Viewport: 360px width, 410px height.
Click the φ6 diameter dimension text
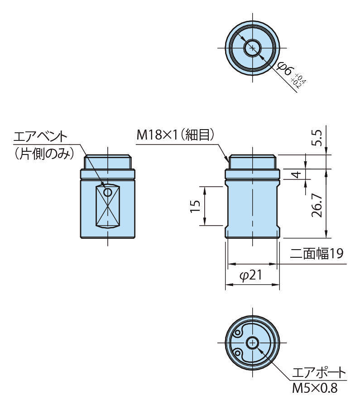click(284, 69)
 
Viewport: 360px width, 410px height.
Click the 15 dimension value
click(196, 206)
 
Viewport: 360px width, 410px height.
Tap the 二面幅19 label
click(317, 254)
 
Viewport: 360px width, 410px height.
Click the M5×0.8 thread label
click(314, 388)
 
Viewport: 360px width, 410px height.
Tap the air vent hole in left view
click(108, 193)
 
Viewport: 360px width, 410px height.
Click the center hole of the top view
click(252, 48)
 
